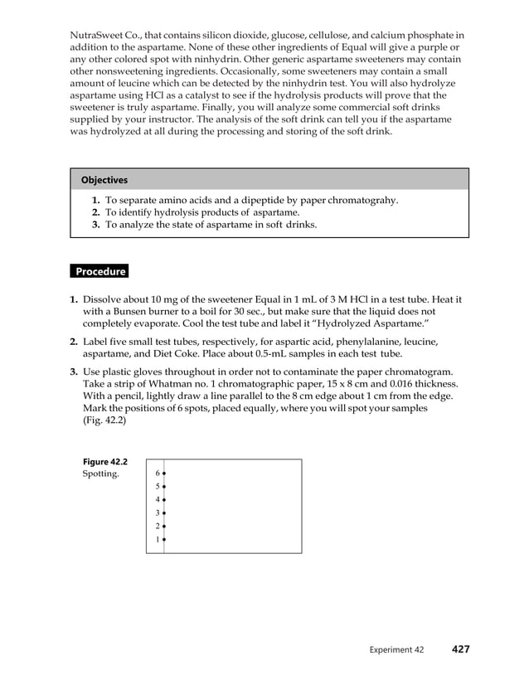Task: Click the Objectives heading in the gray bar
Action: coord(104,180)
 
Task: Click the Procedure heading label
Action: coord(99,272)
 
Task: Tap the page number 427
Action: coord(460,649)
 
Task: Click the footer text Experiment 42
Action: coord(397,650)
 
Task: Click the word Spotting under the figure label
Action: coord(100,474)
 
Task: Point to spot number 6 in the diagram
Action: coord(164,474)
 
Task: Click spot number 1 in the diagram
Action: coord(164,540)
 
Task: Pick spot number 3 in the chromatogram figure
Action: coord(164,513)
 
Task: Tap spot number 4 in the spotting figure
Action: coord(164,500)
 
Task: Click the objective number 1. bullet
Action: coord(96,201)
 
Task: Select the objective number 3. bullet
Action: coord(96,225)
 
